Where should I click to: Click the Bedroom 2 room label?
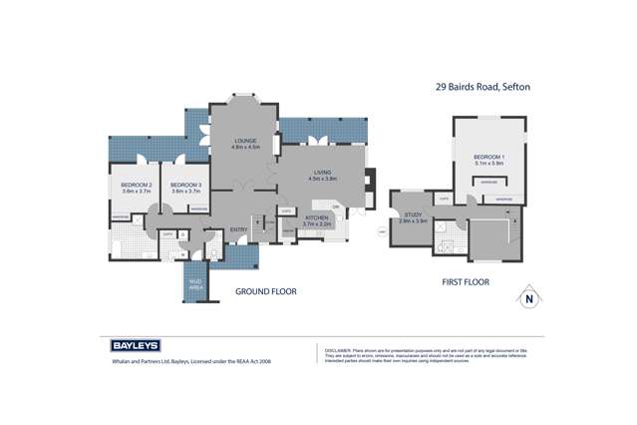click(136, 185)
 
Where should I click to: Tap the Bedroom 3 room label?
click(185, 185)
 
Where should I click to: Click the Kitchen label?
click(316, 216)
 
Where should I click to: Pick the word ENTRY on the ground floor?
click(239, 229)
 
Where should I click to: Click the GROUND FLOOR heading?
click(265, 292)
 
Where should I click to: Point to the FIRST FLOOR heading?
click(466, 283)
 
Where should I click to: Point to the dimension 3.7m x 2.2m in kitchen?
click(316, 223)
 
